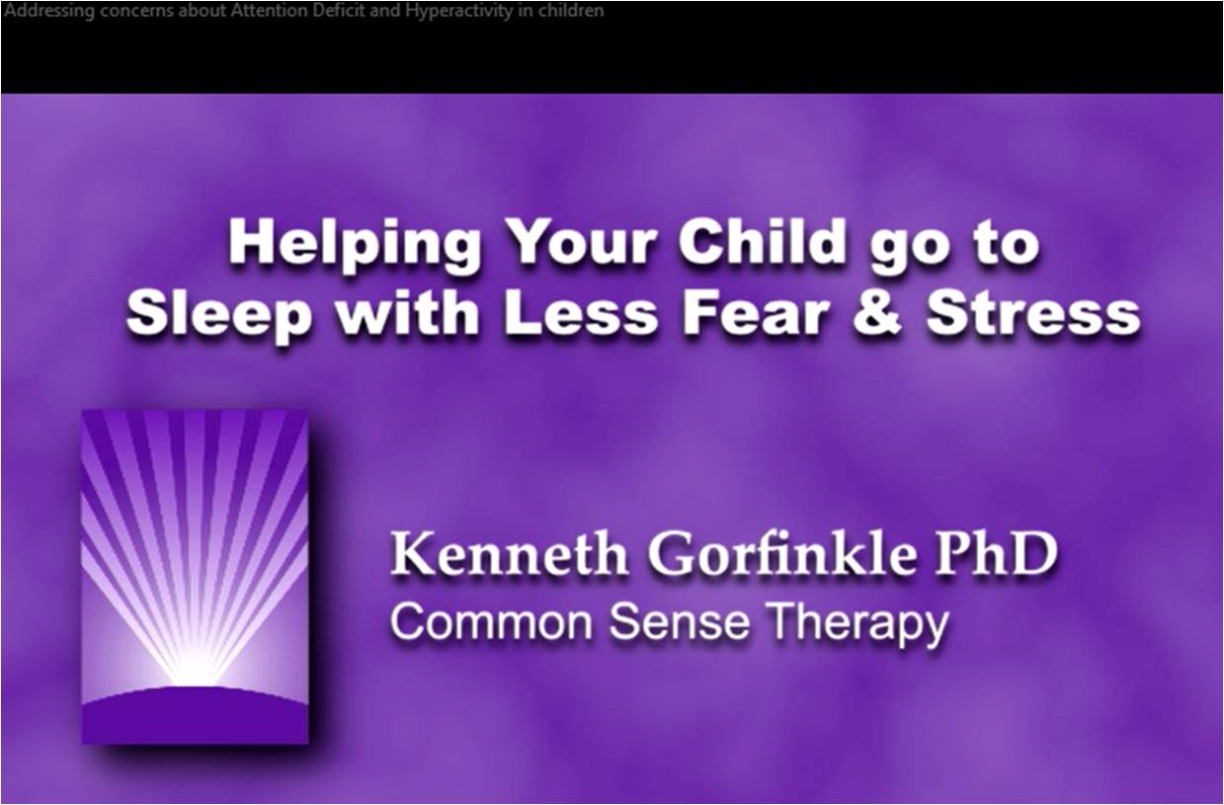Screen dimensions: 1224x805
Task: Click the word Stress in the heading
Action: pyautogui.click(x=1032, y=315)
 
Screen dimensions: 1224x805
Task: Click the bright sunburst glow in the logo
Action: pyautogui.click(x=194, y=667)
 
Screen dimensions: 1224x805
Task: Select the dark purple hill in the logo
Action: pyautogui.click(x=195, y=716)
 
